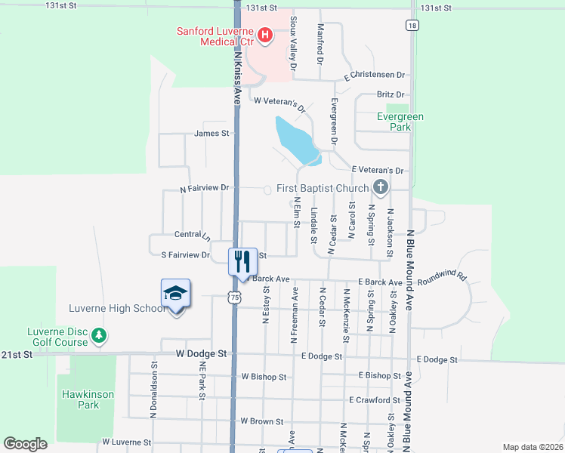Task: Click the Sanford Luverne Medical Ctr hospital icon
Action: tap(265, 34)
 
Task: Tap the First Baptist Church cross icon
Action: tap(381, 187)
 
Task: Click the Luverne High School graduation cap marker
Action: tap(175, 294)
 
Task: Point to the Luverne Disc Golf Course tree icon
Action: tap(98, 334)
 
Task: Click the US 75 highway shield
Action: tap(236, 298)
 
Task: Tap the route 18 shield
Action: tap(411, 25)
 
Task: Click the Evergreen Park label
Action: tap(401, 122)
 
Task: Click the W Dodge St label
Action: tap(202, 353)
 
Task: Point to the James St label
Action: tap(211, 134)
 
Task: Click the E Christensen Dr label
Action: tap(375, 76)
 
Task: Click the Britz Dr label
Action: tap(391, 94)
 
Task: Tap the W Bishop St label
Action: tap(264, 376)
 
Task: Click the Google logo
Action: tap(26, 444)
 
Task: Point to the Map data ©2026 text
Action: tap(533, 447)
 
